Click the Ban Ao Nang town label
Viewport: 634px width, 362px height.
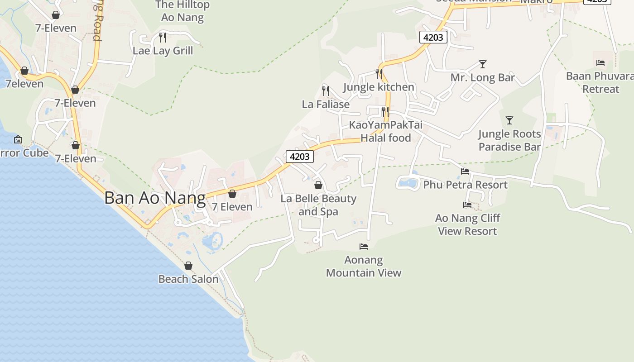coord(155,198)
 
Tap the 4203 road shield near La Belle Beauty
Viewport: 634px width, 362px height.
coord(300,157)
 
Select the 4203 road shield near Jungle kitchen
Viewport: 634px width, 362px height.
coord(433,37)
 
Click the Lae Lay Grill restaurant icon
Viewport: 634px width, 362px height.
coord(163,37)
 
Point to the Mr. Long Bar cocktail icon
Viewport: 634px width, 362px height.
coord(483,64)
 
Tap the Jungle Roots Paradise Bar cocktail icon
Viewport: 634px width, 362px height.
coord(509,120)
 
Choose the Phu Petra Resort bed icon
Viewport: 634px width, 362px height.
coord(465,171)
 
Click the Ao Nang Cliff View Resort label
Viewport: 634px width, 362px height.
coord(467,224)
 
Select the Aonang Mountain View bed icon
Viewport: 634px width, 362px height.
coord(364,247)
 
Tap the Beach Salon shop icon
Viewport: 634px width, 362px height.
coord(188,266)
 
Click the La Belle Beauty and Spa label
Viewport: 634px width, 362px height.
coord(318,205)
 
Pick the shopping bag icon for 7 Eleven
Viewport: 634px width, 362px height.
coord(232,194)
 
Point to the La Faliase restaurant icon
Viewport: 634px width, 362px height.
coord(325,90)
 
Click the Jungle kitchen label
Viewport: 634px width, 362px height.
coord(379,87)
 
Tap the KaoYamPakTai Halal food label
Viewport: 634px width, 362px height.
coord(385,131)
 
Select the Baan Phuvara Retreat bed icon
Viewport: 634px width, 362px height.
coord(600,63)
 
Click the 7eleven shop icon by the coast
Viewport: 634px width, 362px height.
coord(24,71)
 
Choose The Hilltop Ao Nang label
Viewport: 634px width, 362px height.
coord(183,11)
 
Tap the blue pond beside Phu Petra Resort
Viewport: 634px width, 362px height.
coord(408,183)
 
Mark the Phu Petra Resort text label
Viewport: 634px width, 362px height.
coord(465,185)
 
